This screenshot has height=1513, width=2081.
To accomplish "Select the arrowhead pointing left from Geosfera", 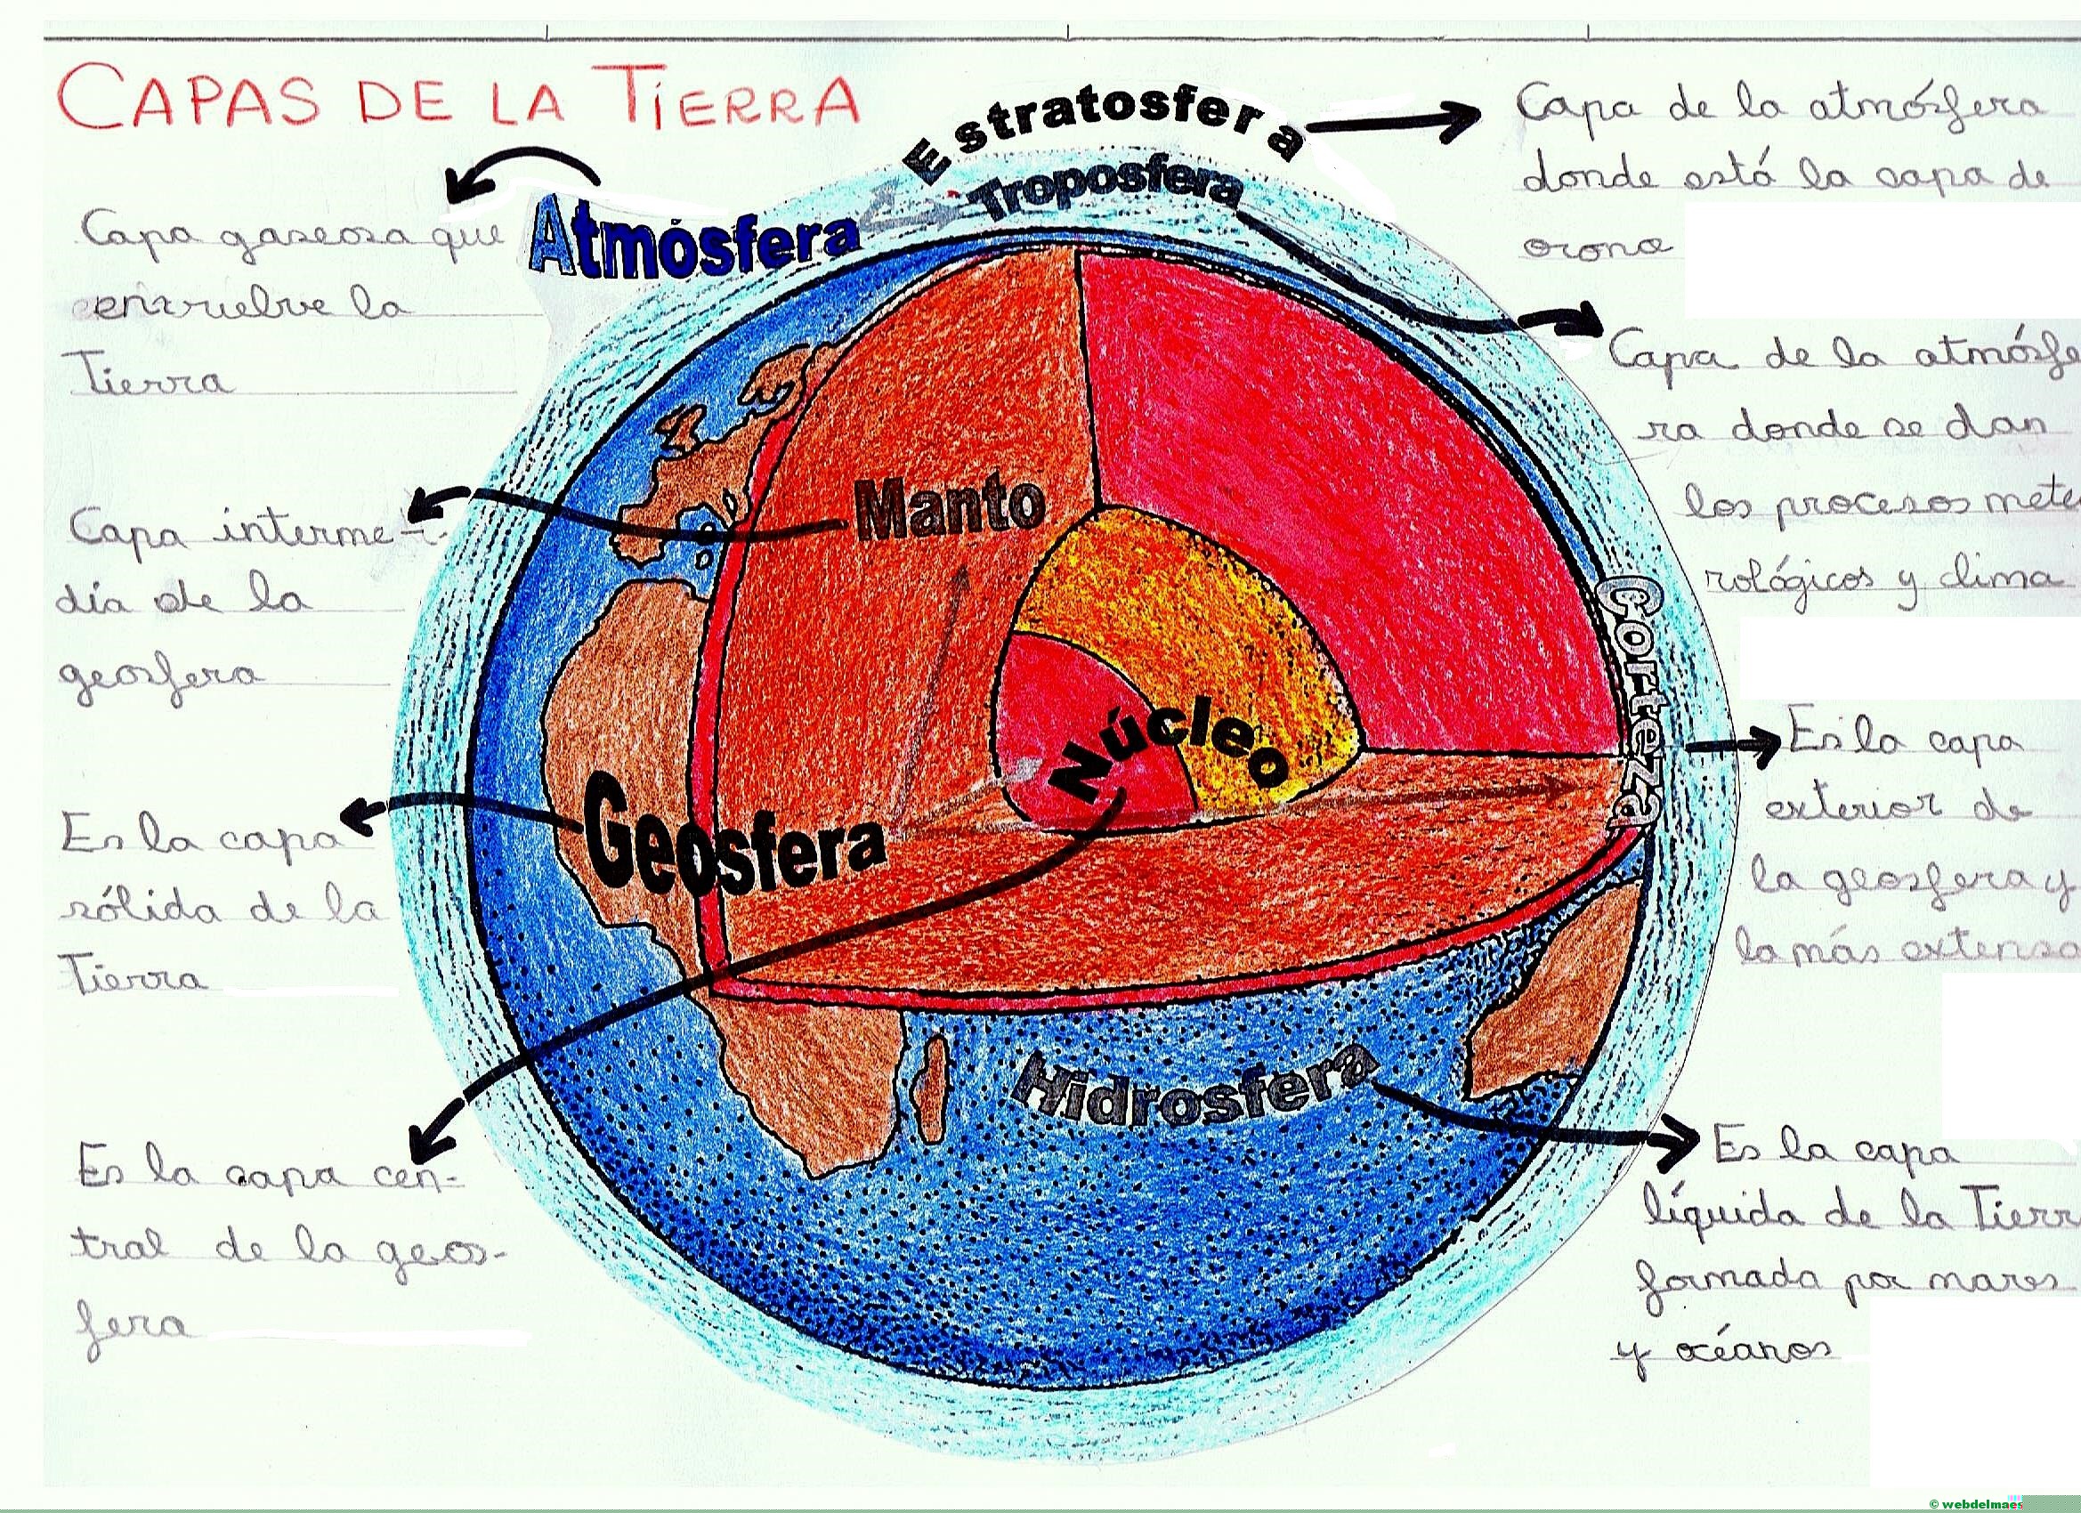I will click(353, 812).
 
